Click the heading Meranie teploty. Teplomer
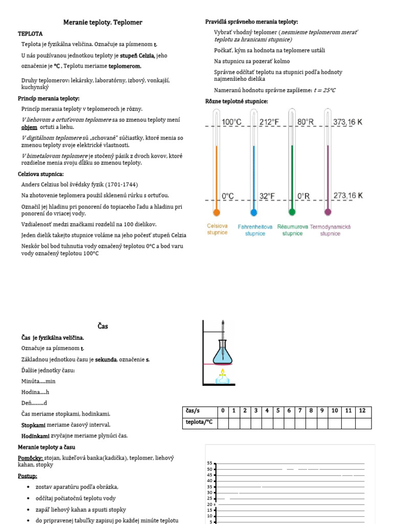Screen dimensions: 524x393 tap(102, 23)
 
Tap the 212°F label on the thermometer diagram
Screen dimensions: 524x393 tap(270, 122)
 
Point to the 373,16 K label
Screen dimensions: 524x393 tap(347, 122)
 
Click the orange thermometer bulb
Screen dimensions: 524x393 tap(216, 212)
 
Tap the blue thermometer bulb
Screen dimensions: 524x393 tap(253, 212)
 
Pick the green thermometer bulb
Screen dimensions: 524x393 tap(292, 212)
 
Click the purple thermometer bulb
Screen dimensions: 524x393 tap(327, 212)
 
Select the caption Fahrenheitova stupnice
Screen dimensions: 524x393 tap(255, 230)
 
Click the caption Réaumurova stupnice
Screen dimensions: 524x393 tap(292, 230)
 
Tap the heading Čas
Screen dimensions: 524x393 tap(103, 326)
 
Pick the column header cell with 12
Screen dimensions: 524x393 tap(362, 411)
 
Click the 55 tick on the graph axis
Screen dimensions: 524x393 tap(210, 463)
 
